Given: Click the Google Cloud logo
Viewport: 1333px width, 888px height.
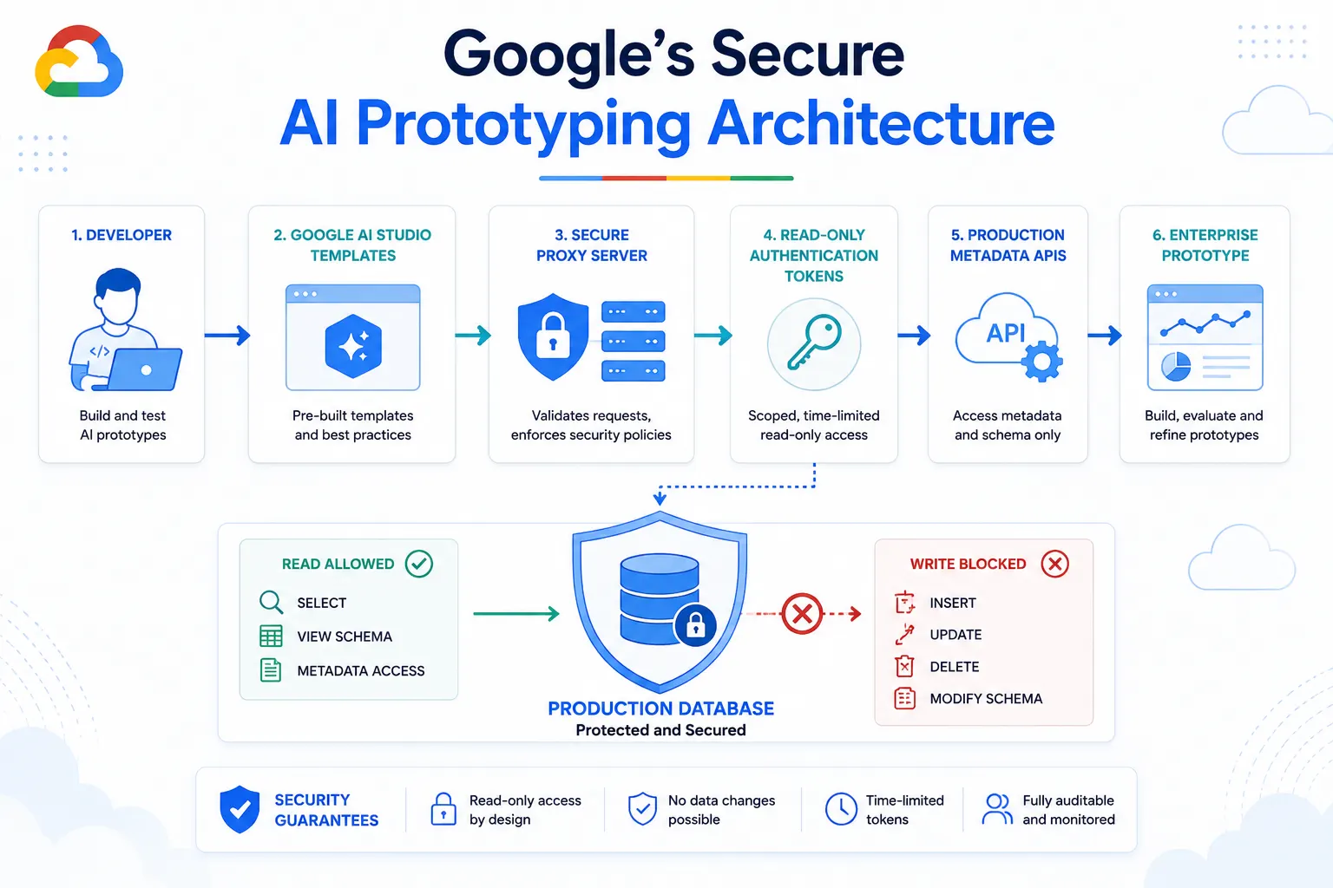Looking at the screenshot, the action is coord(79,62).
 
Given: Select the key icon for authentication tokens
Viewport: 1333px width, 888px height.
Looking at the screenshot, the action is coord(814,343).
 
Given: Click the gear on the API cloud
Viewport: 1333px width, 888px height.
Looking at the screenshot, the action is coord(1042,362).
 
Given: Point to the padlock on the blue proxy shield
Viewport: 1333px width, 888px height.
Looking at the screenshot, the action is coord(553,336).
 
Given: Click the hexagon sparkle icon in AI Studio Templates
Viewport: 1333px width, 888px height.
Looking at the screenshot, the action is coord(353,346).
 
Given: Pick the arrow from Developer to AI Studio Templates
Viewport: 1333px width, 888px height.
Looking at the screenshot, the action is coord(227,336).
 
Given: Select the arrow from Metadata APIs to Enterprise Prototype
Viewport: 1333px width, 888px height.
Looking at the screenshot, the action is coord(1105,336).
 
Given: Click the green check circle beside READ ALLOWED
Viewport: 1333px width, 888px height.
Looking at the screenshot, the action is coord(419,564).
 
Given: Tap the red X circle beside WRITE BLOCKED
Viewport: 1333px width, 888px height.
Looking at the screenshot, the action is coord(1055,564).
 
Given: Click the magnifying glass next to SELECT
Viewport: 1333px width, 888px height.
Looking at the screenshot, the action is coord(272,602).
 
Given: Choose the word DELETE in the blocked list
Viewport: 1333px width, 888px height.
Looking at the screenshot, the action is coord(955,667).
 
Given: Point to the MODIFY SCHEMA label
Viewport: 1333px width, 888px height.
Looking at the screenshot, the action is coord(986,699).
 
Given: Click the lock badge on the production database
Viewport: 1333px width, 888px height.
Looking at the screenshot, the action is coord(695,625).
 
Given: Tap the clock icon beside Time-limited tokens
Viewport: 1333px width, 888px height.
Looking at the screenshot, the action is coord(841,809).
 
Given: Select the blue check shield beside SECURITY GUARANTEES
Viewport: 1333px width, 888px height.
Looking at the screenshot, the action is coord(240,809).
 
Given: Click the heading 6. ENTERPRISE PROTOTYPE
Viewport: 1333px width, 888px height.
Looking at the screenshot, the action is coord(1205,245).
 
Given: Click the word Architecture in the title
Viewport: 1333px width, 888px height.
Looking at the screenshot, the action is coord(882,124).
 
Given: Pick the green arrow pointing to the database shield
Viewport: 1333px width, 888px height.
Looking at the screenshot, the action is coord(516,613).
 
